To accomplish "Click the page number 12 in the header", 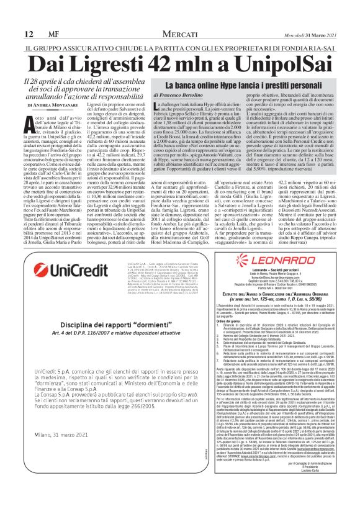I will pyautogui.click(x=29, y=34).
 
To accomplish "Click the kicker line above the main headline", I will pyautogui.click(x=179, y=48).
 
